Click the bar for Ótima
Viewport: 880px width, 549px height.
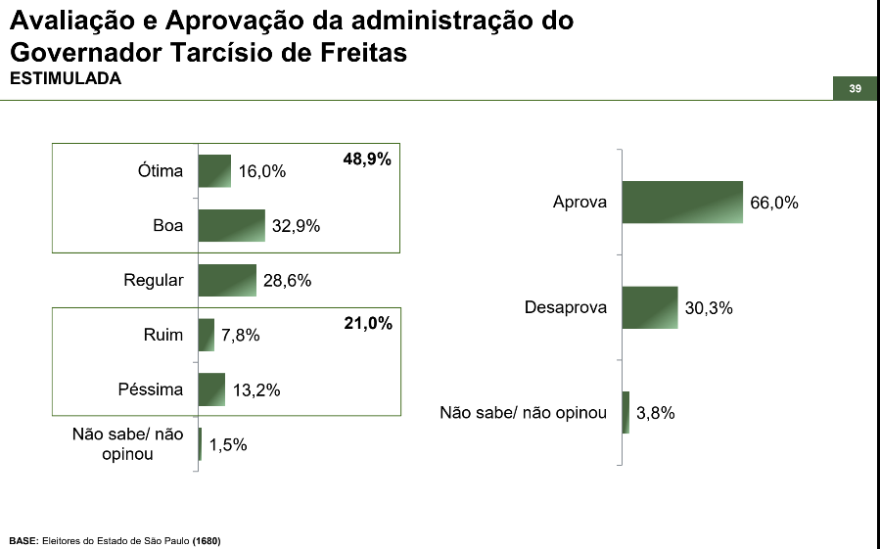click(214, 171)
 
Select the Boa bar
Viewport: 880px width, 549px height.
click(232, 225)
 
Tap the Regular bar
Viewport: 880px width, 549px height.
click(227, 280)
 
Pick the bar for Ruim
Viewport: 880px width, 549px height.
click(207, 335)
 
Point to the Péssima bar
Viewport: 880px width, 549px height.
click(211, 389)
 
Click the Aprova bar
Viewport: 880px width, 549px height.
click(682, 203)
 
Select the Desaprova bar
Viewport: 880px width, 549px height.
click(650, 307)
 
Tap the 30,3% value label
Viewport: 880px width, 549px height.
click(710, 308)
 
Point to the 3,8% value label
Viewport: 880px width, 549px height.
click(656, 413)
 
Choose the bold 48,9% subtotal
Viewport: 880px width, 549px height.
click(367, 159)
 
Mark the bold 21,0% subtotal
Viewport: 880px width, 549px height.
click(368, 323)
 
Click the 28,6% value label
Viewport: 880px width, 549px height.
click(287, 281)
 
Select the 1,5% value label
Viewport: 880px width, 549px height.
click(228, 444)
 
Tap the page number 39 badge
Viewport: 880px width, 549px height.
click(855, 89)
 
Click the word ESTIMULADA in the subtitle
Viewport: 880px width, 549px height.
click(65, 79)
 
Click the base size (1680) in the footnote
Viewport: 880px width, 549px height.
click(207, 540)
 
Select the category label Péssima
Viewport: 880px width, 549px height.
click(151, 389)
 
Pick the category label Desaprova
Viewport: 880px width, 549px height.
click(566, 307)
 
